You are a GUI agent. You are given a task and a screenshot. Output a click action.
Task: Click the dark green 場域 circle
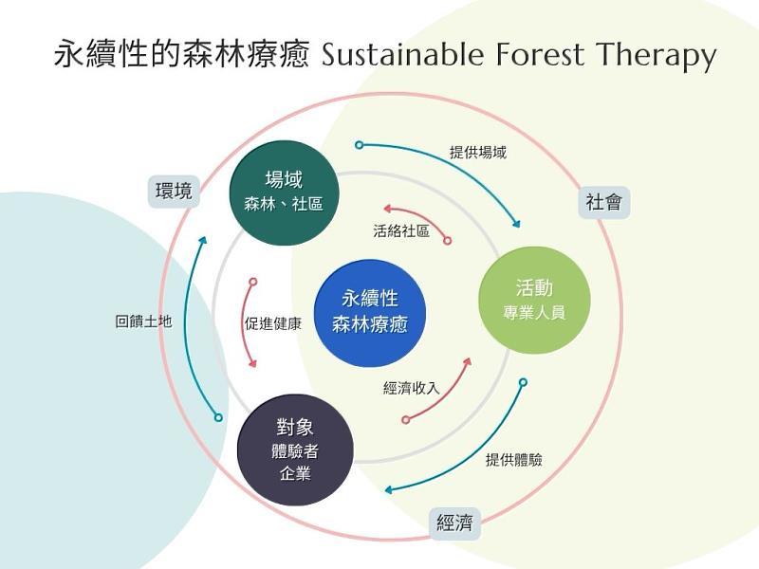(x=285, y=193)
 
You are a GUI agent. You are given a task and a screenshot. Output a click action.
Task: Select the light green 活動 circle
(x=534, y=299)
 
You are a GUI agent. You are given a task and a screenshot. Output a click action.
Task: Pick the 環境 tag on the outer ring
(x=174, y=192)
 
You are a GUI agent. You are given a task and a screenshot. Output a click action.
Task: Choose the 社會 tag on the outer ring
(x=604, y=202)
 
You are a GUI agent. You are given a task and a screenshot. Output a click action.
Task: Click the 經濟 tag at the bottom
(x=454, y=523)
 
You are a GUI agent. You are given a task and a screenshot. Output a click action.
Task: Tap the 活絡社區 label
(x=400, y=230)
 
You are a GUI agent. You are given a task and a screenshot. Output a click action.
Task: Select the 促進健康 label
(x=272, y=323)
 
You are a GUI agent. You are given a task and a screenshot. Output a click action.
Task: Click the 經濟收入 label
(x=411, y=388)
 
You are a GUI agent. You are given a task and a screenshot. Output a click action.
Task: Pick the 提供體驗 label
(x=513, y=460)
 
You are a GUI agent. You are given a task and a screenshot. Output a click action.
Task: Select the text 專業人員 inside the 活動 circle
(x=534, y=312)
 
